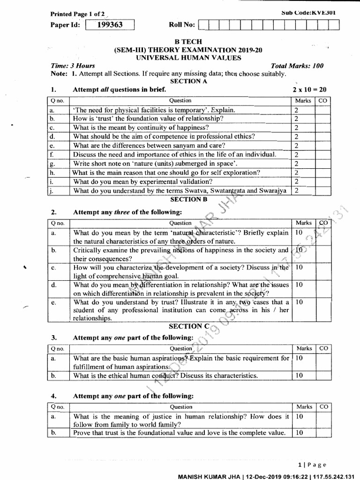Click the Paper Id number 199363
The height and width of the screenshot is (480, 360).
tap(110, 25)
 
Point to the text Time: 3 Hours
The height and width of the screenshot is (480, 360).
tap(73, 66)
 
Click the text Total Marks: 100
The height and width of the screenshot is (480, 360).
tap(297, 66)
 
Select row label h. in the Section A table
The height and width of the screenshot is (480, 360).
tap(52, 172)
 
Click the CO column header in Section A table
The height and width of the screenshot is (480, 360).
tap(323, 100)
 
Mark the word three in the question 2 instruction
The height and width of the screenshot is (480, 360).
tap(122, 212)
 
